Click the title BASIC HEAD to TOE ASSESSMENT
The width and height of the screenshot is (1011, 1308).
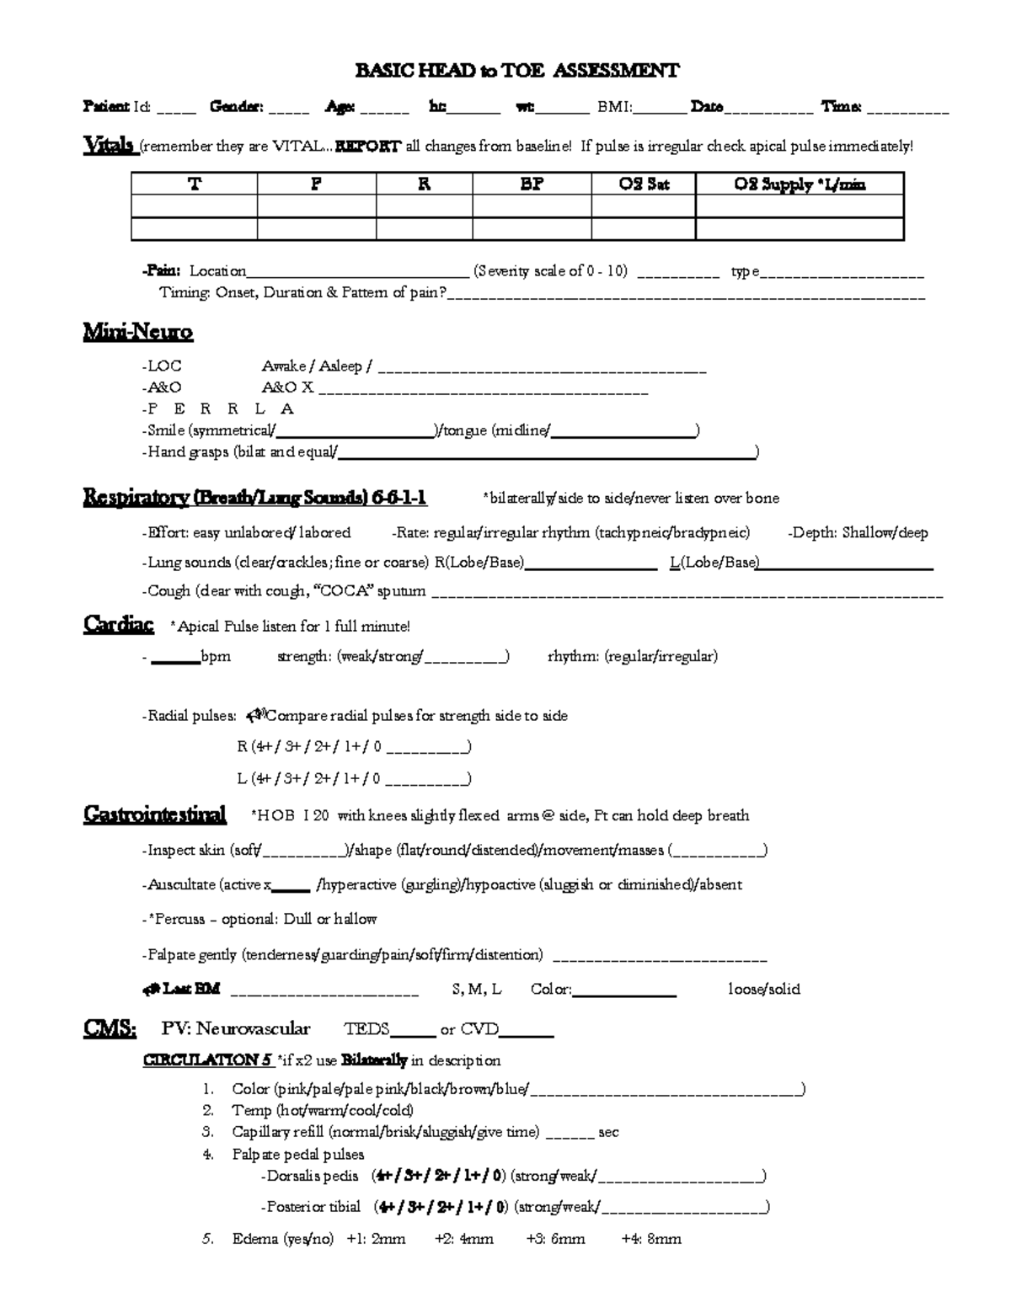516,71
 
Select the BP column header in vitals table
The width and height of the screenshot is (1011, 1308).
532,184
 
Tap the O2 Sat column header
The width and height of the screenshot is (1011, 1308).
644,184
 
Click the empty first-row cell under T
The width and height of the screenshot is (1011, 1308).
194,206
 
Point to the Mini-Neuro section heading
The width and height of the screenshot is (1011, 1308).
138,333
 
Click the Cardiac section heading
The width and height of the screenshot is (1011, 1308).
119,625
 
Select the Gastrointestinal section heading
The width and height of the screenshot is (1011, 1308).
155,814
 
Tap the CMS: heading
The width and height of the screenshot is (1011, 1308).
110,1028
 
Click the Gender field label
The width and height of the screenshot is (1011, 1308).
236,107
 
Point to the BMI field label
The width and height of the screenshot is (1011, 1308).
615,107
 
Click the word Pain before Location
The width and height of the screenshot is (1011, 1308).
161,271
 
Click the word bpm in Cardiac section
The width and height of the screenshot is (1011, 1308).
216,656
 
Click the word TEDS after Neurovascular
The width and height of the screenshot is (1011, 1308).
366,1029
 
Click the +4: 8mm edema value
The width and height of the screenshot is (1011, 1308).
651,1239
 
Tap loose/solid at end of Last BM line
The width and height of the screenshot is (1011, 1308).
764,990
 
